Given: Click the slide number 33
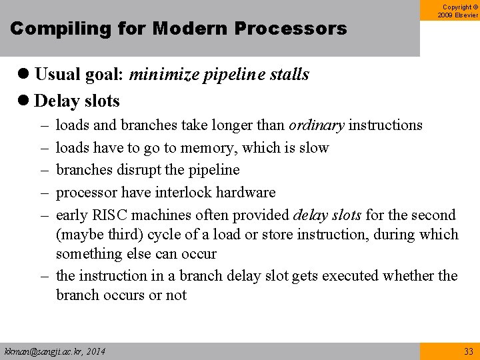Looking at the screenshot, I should (x=467, y=351).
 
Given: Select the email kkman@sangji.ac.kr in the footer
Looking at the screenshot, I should (x=42, y=351).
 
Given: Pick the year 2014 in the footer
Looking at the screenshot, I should (x=95, y=351).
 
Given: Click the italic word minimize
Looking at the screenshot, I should (x=157, y=75).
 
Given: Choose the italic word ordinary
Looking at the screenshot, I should (x=316, y=125).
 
